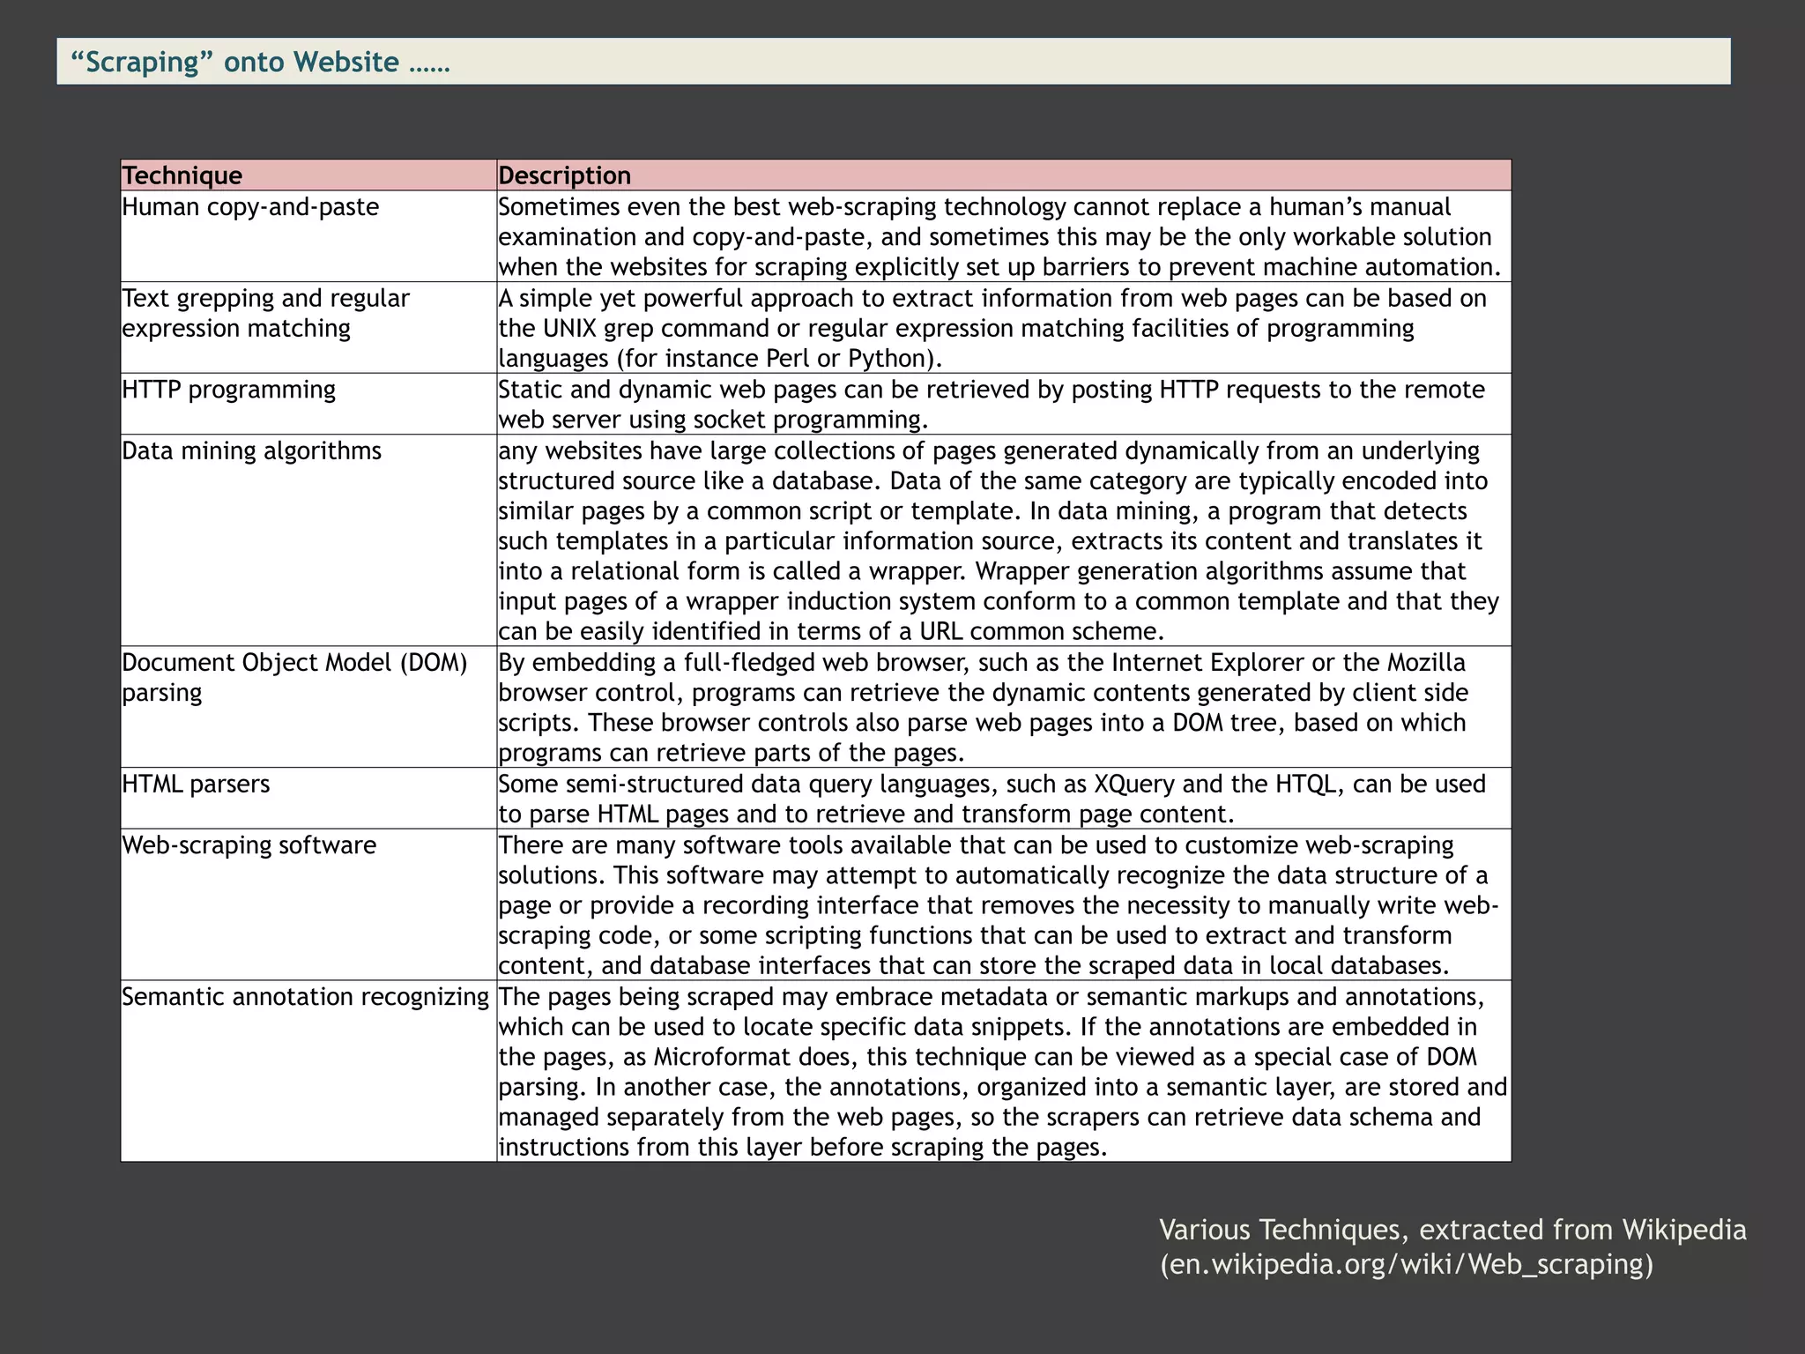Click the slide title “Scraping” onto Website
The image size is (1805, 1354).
[x=260, y=62]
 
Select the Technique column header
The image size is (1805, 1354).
[x=182, y=175]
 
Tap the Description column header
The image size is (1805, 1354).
[x=565, y=175]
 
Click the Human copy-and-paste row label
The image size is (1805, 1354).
[x=250, y=207]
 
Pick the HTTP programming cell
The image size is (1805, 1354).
[x=229, y=390]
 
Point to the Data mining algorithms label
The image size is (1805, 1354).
[x=252, y=451]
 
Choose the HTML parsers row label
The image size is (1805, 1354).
[x=196, y=784]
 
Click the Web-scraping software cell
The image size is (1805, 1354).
[x=249, y=845]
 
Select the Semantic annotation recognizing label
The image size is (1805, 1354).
[x=305, y=997]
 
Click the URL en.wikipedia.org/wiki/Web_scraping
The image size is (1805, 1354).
[x=1406, y=1264]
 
